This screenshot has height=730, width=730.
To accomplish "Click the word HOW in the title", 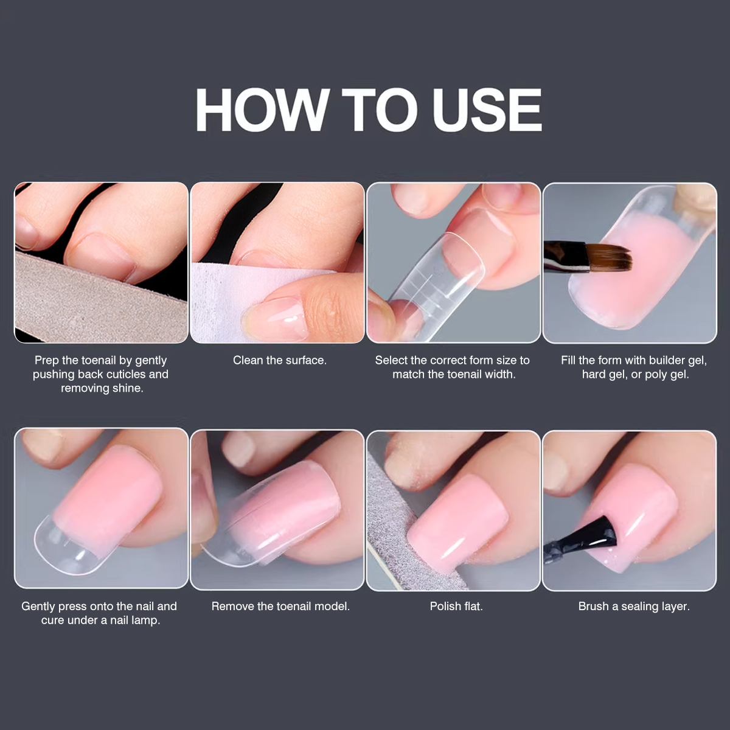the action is (261, 110).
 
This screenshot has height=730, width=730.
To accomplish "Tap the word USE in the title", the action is (487, 110).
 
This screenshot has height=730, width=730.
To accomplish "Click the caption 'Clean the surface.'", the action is (280, 360).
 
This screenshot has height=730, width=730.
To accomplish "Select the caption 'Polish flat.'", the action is (456, 606).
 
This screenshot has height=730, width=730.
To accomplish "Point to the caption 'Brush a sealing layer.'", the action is (634, 606).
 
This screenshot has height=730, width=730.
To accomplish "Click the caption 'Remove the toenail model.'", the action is (280, 606).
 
